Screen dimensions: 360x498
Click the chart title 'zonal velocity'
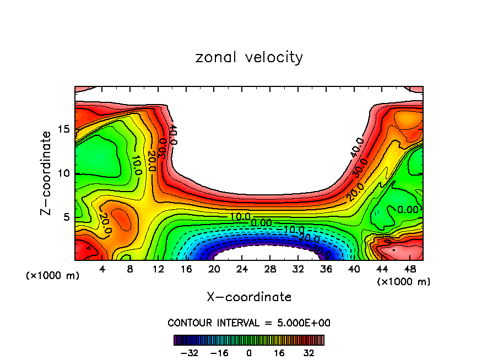coord(249,57)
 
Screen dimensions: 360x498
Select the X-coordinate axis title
coord(249,297)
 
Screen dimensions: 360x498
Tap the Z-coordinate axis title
coord(46,173)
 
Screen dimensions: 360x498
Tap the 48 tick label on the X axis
coord(410,270)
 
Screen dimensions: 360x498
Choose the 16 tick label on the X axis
coord(186,270)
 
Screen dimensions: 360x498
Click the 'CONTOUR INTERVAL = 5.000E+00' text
coord(249,323)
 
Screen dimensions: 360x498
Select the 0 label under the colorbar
coord(249,352)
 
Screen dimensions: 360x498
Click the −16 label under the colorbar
coord(219,352)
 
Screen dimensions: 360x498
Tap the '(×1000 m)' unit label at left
coord(53,276)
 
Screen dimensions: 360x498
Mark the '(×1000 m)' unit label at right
coord(404,282)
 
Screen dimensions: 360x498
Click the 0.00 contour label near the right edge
coord(408,210)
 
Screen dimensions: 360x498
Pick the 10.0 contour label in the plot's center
coord(240,216)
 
